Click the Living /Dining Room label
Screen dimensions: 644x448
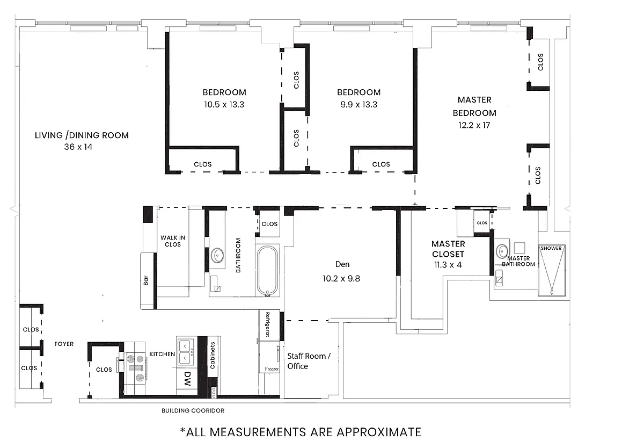[82, 135]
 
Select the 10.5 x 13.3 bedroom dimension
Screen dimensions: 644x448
[224, 105]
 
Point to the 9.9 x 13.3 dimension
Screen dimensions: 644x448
[358, 105]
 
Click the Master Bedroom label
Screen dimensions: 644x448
[474, 106]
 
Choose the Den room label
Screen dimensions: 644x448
[342, 264]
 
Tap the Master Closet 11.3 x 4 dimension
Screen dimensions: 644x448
[448, 264]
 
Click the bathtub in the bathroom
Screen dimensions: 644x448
[267, 271]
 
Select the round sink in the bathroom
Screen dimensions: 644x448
[218, 254]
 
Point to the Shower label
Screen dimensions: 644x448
[551, 248]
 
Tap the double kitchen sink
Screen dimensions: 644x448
[185, 350]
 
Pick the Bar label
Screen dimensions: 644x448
[146, 280]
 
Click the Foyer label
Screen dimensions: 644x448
[64, 344]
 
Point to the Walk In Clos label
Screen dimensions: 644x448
[171, 241]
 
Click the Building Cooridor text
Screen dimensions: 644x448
[193, 411]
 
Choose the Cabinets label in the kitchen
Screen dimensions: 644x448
[213, 356]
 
